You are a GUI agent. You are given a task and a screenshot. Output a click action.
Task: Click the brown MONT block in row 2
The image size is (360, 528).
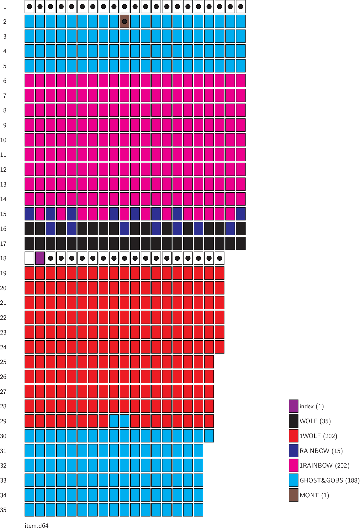click(x=125, y=21)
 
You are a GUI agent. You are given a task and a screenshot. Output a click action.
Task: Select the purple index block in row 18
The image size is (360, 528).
click(x=40, y=258)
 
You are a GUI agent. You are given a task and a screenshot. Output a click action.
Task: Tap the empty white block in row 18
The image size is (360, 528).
click(x=29, y=258)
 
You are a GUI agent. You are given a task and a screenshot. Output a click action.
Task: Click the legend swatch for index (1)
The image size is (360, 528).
click(x=293, y=406)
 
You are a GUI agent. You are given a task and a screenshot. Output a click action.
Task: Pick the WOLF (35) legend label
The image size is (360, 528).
click(x=315, y=421)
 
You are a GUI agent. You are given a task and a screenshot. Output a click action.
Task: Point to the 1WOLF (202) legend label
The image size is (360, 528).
click(x=318, y=436)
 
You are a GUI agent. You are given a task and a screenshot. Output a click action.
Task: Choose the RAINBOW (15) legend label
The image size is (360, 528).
click(x=321, y=451)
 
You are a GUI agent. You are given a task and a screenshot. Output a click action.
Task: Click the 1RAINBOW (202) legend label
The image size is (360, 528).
click(x=324, y=466)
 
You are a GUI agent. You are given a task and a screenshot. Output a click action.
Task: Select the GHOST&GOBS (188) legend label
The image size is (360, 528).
click(x=329, y=480)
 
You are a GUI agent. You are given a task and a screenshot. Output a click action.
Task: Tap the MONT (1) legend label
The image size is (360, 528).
click(x=314, y=495)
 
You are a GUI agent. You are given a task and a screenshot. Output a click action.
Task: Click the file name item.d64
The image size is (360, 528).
click(x=36, y=525)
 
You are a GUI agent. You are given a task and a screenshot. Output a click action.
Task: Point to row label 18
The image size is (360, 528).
click(x=3, y=258)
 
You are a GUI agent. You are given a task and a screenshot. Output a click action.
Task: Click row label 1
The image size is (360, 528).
click(x=5, y=7)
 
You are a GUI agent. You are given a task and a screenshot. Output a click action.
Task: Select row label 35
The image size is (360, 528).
click(x=3, y=510)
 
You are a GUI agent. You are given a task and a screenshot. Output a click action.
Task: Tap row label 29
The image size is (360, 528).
click(x=3, y=421)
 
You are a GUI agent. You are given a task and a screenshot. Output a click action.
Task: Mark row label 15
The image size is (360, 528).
click(x=3, y=214)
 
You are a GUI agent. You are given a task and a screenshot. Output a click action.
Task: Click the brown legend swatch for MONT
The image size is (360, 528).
click(x=293, y=495)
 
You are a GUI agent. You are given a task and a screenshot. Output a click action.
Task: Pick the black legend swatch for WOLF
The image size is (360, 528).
click(x=293, y=421)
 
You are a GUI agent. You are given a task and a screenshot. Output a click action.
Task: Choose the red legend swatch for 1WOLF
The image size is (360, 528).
click(x=293, y=436)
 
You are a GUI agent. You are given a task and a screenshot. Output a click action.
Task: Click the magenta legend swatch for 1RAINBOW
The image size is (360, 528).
click(x=293, y=465)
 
